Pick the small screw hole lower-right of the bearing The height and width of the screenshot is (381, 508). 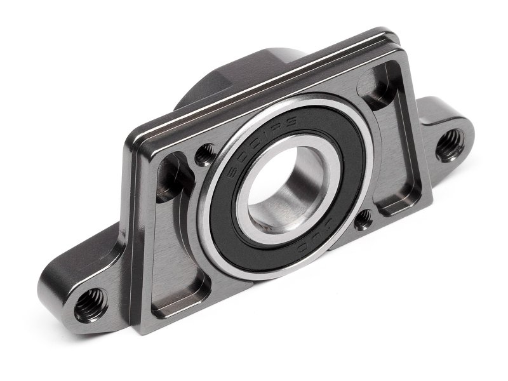click(363, 220)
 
